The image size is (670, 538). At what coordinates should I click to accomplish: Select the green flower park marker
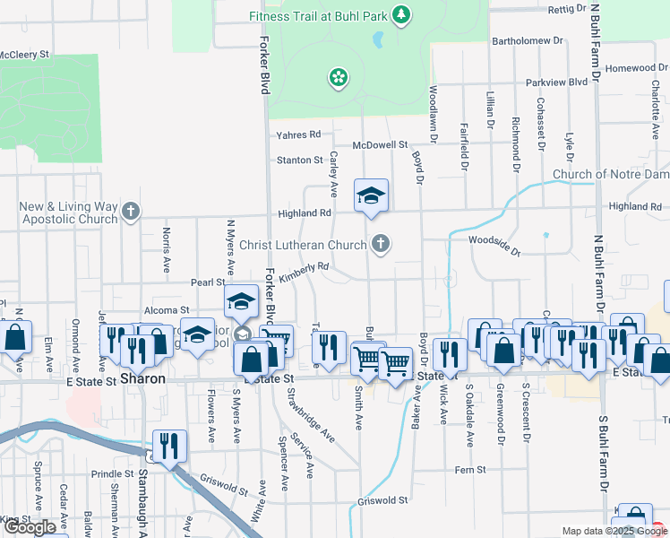pos(339,78)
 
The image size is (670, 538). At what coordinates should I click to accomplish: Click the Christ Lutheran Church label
pos(302,244)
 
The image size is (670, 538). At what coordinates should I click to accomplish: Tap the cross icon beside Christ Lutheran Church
pos(381,243)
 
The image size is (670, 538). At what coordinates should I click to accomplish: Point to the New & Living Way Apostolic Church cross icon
pos(131,212)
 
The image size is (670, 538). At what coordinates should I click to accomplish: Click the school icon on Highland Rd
pos(371,196)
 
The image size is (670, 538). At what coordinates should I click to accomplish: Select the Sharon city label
pos(142,379)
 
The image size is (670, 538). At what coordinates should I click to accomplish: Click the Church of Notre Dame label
pos(610,174)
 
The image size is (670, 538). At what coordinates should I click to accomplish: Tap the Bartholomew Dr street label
pos(527,41)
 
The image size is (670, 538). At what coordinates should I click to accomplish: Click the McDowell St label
pos(380,144)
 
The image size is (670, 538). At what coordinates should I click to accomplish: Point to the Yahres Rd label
pos(298,134)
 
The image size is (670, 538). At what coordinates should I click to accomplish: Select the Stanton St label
pos(299,160)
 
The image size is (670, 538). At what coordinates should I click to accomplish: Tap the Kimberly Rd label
pos(305,268)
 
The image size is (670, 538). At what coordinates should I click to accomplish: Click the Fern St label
pos(469,469)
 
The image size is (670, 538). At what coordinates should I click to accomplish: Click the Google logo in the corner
pos(30,527)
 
